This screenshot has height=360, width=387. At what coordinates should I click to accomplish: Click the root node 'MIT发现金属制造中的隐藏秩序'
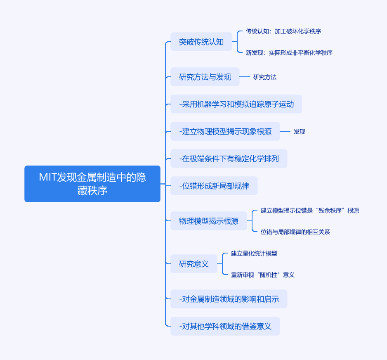click(92, 184)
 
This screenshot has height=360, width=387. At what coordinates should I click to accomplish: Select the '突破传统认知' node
click(201, 42)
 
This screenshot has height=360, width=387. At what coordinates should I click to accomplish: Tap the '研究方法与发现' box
click(205, 77)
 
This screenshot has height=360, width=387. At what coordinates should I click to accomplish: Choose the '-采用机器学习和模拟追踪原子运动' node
click(236, 104)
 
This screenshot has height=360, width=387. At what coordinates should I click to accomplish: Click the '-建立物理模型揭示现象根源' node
click(225, 131)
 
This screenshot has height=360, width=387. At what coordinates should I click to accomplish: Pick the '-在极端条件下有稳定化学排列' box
click(229, 159)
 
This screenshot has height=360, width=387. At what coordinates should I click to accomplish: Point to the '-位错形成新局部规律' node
click(214, 186)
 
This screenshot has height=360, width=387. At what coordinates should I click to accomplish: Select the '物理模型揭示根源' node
click(209, 221)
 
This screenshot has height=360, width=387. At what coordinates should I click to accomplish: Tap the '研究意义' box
click(194, 264)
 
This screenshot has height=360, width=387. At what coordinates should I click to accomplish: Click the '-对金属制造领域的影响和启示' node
click(229, 299)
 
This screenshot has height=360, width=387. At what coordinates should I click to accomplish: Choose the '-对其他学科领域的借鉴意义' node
click(225, 326)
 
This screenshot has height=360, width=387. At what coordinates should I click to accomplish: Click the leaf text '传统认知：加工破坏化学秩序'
click(283, 31)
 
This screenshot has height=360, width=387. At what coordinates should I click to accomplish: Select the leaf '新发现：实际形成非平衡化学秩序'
click(289, 53)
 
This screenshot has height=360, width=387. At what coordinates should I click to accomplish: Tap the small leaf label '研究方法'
click(264, 77)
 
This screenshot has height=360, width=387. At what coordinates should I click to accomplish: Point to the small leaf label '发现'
click(299, 132)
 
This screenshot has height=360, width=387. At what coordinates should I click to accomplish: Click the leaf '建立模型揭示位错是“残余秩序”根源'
click(309, 211)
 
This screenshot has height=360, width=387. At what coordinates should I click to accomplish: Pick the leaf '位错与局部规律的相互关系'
click(295, 232)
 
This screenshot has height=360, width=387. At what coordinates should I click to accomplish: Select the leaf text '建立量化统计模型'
click(254, 253)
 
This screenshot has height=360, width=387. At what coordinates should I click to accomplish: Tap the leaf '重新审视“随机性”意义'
click(262, 275)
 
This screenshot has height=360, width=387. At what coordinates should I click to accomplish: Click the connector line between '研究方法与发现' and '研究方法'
click(245, 77)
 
